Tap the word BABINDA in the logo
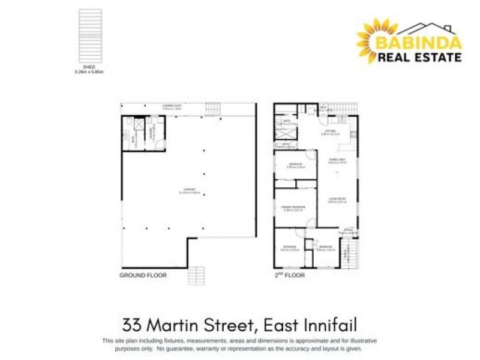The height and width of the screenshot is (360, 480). click(419, 43)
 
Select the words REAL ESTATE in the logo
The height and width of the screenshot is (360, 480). click(419, 57)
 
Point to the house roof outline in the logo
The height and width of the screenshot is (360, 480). click(427, 28)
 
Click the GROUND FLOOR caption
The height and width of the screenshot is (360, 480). click(143, 275)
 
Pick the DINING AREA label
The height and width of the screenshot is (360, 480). click(337, 160)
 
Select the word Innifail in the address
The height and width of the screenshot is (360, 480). click(328, 325)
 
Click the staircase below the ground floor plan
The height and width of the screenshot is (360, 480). click(196, 276)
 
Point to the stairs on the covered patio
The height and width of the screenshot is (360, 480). click(213, 110)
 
